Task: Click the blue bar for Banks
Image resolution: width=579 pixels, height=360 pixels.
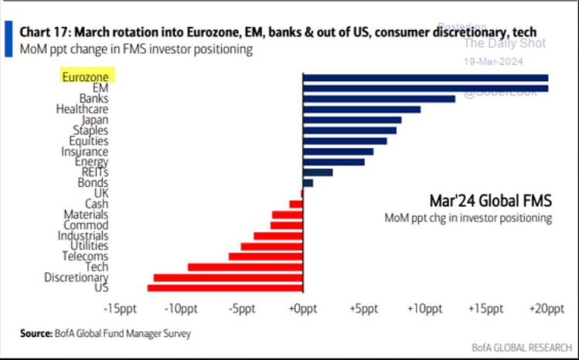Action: tap(379, 99)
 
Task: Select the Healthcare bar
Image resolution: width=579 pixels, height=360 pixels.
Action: tap(362, 109)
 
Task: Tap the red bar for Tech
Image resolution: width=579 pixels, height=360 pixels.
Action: tap(245, 267)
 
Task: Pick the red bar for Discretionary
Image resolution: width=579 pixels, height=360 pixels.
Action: tap(228, 277)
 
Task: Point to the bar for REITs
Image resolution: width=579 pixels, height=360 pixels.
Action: tap(318, 172)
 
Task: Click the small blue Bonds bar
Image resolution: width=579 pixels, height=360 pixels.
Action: tap(308, 183)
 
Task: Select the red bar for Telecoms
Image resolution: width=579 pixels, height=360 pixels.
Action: tap(265, 256)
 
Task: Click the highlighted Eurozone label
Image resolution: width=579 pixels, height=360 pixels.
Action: tap(87, 76)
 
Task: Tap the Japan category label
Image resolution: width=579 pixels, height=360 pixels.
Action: tap(94, 120)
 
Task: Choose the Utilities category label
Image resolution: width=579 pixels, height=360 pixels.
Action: tap(89, 246)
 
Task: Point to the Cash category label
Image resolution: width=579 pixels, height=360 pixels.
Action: tap(97, 203)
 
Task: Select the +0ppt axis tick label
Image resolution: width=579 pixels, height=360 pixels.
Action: tap(303, 308)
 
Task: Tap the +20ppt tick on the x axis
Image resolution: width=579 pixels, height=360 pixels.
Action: tap(546, 308)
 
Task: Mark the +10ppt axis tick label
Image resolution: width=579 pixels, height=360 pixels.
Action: tap(424, 308)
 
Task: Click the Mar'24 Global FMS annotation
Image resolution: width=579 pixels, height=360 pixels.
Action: tap(489, 201)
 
